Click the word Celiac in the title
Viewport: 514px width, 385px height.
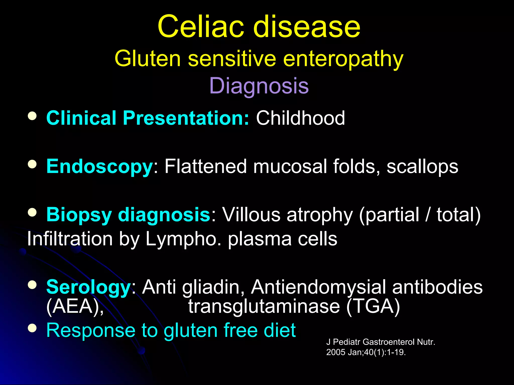coord(201,27)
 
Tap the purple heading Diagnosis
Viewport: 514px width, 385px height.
coord(259,86)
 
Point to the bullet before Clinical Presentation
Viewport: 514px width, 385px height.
coord(32,116)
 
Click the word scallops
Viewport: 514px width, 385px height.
coord(422,166)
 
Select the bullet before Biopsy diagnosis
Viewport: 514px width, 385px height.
coord(32,213)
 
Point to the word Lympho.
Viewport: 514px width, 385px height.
coord(183,239)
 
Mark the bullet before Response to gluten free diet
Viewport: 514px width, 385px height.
coord(32,328)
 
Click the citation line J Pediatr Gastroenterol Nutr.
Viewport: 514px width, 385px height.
coord(380,342)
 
